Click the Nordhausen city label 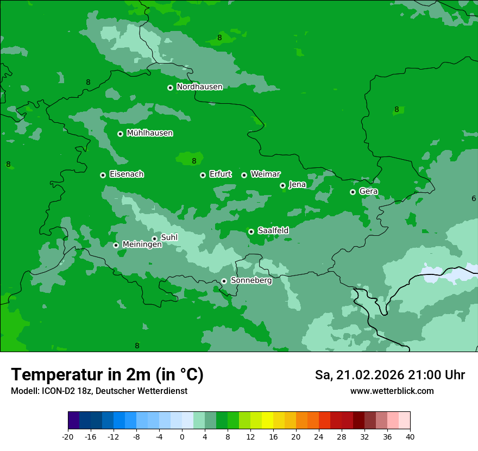199,87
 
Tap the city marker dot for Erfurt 203,175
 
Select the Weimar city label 265,174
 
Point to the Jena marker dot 283,185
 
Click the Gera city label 368,191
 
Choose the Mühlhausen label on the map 149,133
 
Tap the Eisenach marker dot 103,175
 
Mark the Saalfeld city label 273,231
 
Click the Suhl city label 169,237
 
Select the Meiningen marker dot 116,245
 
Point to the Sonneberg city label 251,280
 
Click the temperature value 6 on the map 474,199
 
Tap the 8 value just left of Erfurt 194,161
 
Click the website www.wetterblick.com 392,391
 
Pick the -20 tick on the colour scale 68,436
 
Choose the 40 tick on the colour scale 410,436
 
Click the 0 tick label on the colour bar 182,436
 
